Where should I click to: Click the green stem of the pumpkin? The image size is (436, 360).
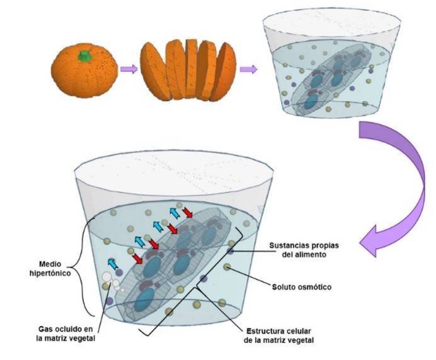tap(84, 56)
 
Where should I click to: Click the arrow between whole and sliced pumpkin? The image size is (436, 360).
tap(129, 69)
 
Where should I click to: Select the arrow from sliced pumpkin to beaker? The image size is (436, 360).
tap(249, 69)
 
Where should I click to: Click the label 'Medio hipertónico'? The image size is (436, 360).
tap(50, 268)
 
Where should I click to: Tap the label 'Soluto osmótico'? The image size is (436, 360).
tap(302, 286)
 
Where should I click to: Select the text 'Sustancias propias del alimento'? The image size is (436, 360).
tap(304, 250)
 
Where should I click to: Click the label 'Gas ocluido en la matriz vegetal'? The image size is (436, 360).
tap(66, 334)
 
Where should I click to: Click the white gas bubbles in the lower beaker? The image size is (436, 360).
tap(112, 281)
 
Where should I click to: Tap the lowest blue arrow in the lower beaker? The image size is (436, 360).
tap(113, 264)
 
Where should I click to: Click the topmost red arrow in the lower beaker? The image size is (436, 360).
tap(187, 213)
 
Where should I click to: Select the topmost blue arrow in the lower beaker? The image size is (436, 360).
tap(175, 213)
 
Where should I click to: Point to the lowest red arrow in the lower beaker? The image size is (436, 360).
tap(137, 259)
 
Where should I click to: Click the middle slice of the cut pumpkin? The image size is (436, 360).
tap(192, 69)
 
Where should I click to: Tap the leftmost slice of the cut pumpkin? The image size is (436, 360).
tap(154, 71)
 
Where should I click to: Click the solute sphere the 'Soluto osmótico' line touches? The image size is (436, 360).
tap(227, 267)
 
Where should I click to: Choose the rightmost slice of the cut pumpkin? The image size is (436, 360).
tap(224, 72)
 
